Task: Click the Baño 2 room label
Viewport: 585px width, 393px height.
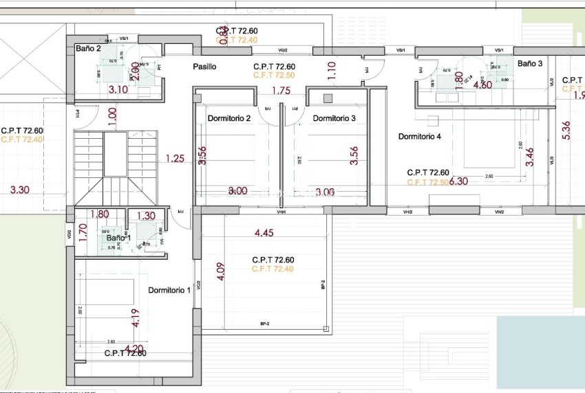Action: click(88, 49)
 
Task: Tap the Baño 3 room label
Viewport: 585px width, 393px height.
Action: click(530, 63)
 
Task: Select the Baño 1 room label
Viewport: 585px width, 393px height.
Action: click(118, 238)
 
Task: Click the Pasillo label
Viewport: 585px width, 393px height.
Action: click(204, 67)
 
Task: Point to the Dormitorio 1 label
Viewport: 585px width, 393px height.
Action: click(169, 291)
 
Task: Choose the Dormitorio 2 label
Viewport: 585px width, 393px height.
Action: click(228, 118)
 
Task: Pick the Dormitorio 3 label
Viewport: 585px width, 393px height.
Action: click(334, 118)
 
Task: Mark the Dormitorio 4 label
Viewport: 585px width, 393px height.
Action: click(419, 137)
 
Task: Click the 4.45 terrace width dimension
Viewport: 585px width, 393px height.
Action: click(265, 234)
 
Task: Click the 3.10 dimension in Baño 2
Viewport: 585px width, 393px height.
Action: click(118, 89)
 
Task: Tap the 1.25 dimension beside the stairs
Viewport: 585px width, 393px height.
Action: click(175, 159)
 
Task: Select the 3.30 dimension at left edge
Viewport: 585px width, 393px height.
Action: click(21, 190)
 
